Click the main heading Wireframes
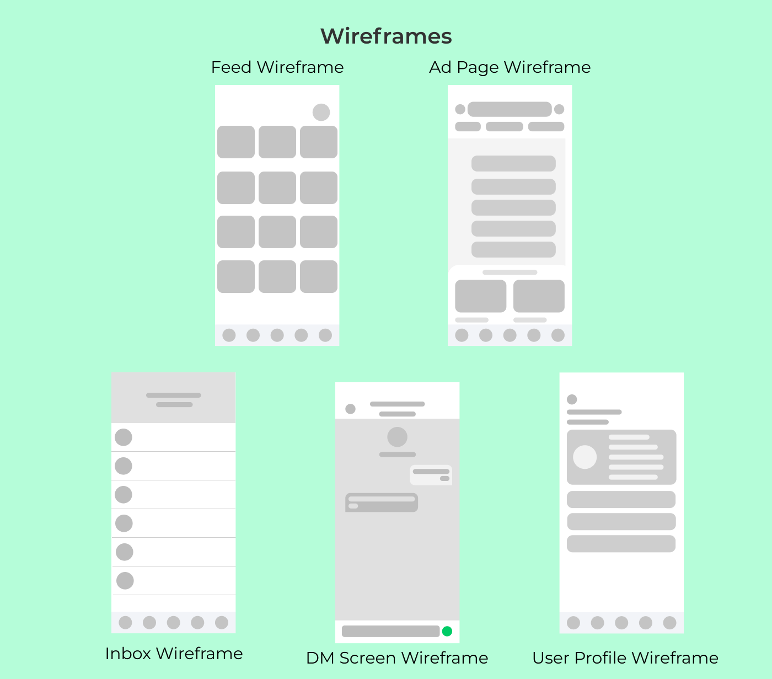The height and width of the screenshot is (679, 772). click(x=386, y=36)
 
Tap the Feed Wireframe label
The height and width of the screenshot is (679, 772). click(x=277, y=67)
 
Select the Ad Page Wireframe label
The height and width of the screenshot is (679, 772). click(x=510, y=67)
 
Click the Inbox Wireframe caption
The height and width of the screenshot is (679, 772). click(x=174, y=654)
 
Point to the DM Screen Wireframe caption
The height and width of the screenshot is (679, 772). click(x=397, y=658)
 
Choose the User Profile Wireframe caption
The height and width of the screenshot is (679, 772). click(x=625, y=658)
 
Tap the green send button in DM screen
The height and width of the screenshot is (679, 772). click(x=447, y=631)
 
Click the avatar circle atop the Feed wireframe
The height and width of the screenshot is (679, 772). click(x=321, y=112)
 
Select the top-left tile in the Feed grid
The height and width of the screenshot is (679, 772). click(x=236, y=142)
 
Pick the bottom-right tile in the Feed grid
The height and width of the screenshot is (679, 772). click(x=319, y=276)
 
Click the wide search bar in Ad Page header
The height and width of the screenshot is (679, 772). click(x=510, y=109)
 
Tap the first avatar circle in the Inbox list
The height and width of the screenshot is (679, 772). click(x=124, y=437)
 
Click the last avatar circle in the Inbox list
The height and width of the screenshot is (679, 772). click(x=125, y=580)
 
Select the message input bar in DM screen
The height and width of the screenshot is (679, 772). click(x=390, y=631)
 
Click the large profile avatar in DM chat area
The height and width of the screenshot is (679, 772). click(x=397, y=437)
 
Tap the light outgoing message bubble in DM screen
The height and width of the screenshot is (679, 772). click(x=431, y=475)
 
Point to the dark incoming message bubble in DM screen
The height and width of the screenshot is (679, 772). click(x=382, y=502)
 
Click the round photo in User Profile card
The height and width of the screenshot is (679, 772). click(x=585, y=457)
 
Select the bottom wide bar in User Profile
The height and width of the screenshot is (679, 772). click(x=621, y=543)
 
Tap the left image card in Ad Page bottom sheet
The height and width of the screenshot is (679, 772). click(x=480, y=296)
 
